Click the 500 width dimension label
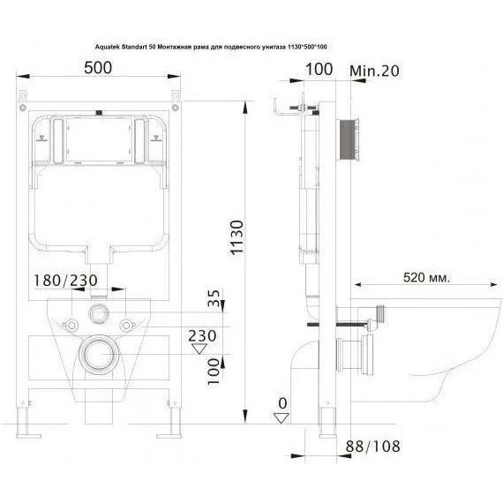(x=98, y=68)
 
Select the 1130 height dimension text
(x=237, y=237)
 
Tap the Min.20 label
(x=374, y=71)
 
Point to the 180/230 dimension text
(x=65, y=280)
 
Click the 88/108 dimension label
(x=372, y=447)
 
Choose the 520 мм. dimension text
(x=426, y=277)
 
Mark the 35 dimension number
(x=214, y=298)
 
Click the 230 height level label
(x=202, y=336)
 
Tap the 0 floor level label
(x=282, y=403)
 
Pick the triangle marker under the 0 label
(x=281, y=418)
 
